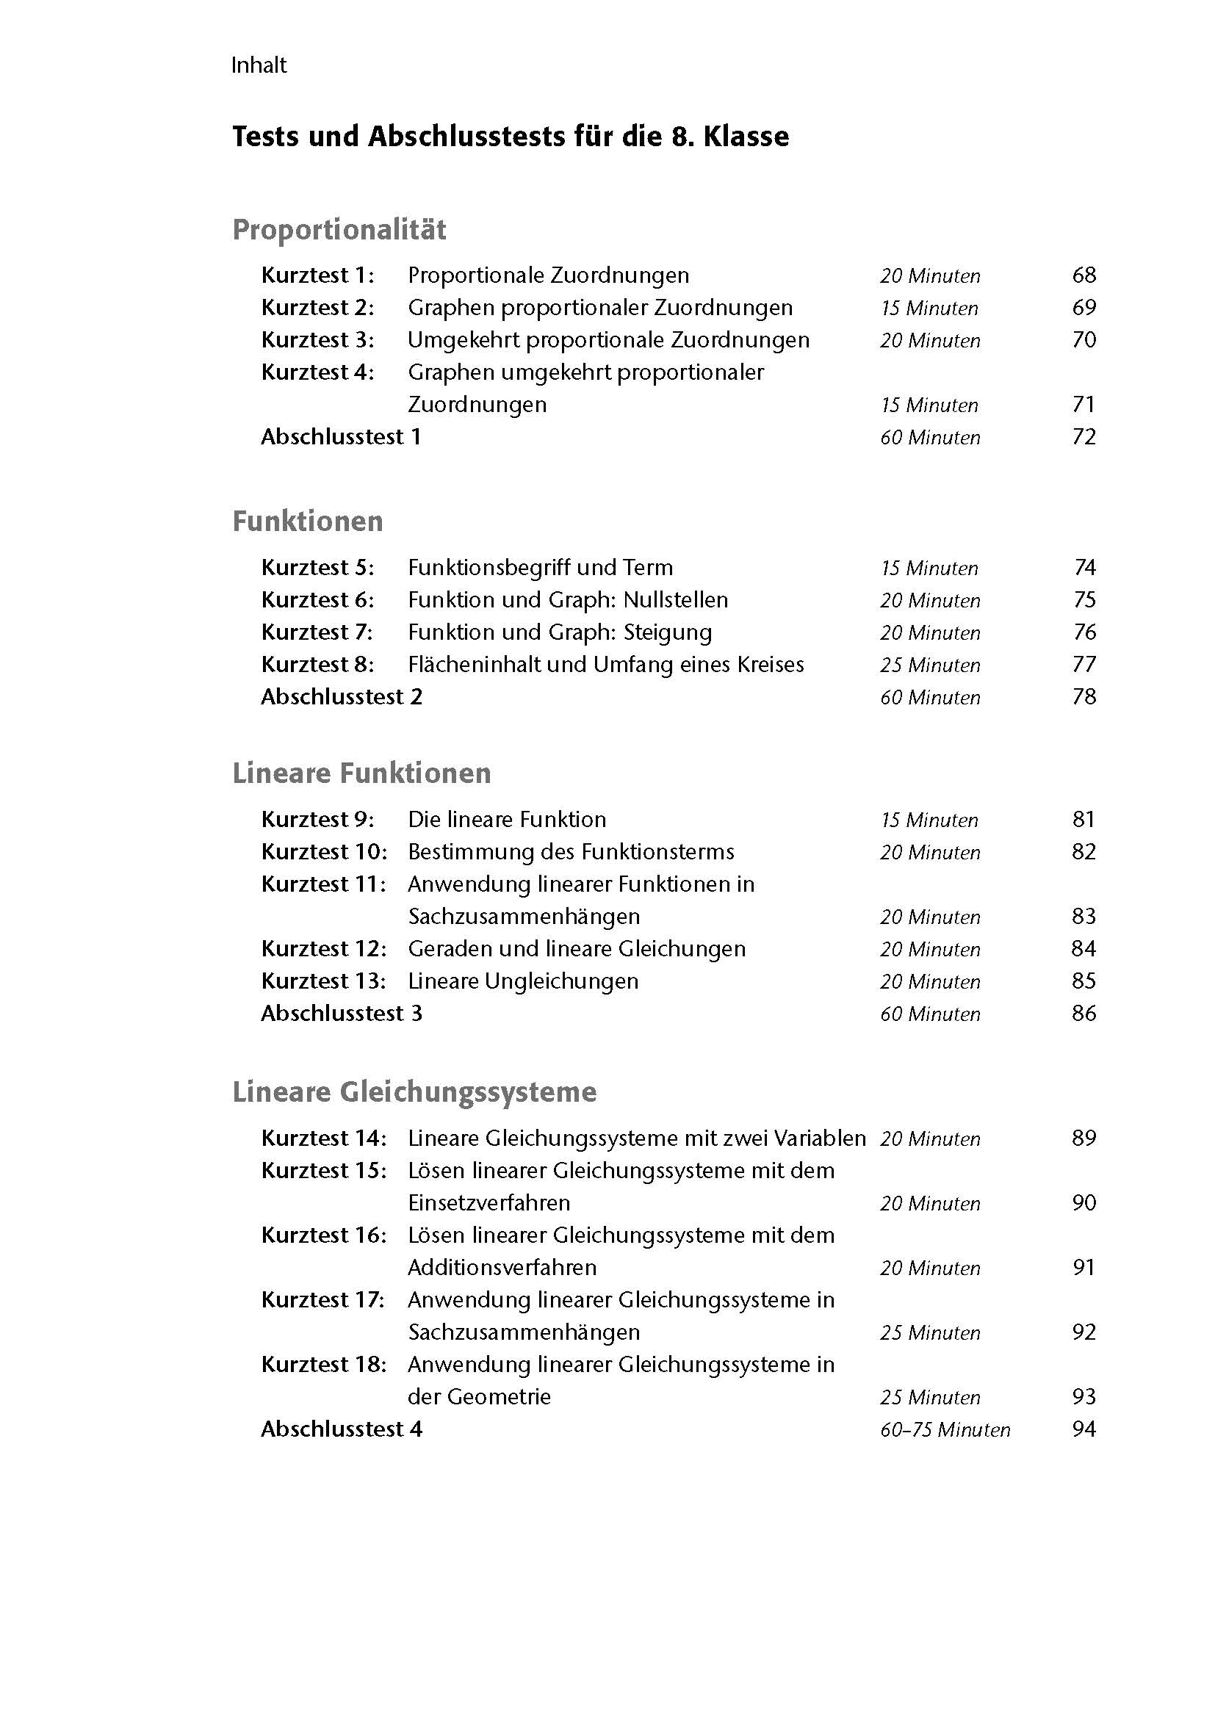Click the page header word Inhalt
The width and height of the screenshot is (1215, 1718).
pyautogui.click(x=258, y=65)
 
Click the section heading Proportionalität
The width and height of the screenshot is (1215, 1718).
pyautogui.click(x=339, y=229)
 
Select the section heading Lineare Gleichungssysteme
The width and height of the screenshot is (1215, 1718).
pyautogui.click(x=414, y=1091)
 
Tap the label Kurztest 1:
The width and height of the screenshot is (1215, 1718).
pyautogui.click(x=317, y=275)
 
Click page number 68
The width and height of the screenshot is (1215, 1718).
pyautogui.click(x=1084, y=275)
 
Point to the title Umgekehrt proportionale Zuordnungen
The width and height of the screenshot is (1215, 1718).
pyautogui.click(x=608, y=340)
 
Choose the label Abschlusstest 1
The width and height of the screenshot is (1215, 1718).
pyautogui.click(x=341, y=436)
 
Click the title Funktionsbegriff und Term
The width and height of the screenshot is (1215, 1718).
pyautogui.click(x=540, y=567)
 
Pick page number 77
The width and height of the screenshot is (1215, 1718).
pyautogui.click(x=1084, y=665)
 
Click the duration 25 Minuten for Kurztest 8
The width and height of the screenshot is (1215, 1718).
pyautogui.click(x=930, y=665)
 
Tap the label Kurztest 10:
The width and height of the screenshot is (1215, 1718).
pyautogui.click(x=324, y=851)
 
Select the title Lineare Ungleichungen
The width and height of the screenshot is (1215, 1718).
pyautogui.click(x=523, y=981)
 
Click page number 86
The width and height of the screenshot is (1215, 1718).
pyautogui.click(x=1084, y=1013)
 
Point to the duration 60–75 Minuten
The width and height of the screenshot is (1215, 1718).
pyautogui.click(x=945, y=1430)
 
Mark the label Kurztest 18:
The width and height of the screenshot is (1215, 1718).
pyautogui.click(x=324, y=1365)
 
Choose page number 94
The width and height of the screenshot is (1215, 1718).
pyautogui.click(x=1084, y=1429)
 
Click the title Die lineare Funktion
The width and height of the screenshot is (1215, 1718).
pyautogui.click(x=507, y=820)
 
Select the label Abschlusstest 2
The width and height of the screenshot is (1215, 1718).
pyautogui.click(x=341, y=696)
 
